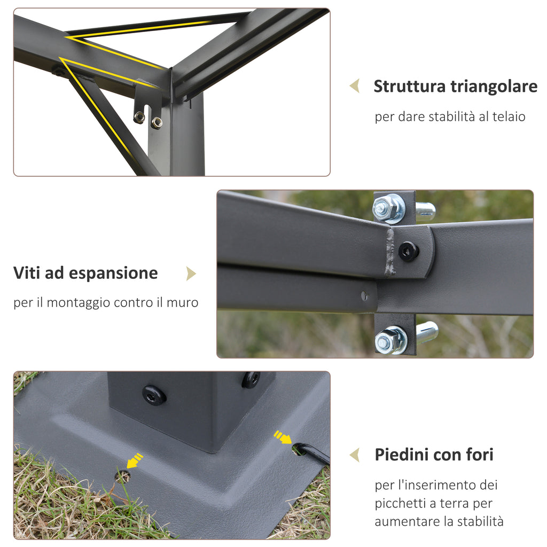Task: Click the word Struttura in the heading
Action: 410,87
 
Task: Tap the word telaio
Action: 509,116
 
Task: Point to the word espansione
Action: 113,273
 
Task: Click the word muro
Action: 182,302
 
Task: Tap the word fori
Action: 479,455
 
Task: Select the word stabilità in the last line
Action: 480,521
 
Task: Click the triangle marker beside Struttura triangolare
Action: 355,86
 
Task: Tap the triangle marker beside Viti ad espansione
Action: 191,274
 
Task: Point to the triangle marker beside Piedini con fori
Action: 355,455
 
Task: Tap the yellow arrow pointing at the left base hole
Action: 134,460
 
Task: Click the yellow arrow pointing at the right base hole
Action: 283,437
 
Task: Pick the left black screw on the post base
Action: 153,395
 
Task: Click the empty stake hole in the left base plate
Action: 123,476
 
